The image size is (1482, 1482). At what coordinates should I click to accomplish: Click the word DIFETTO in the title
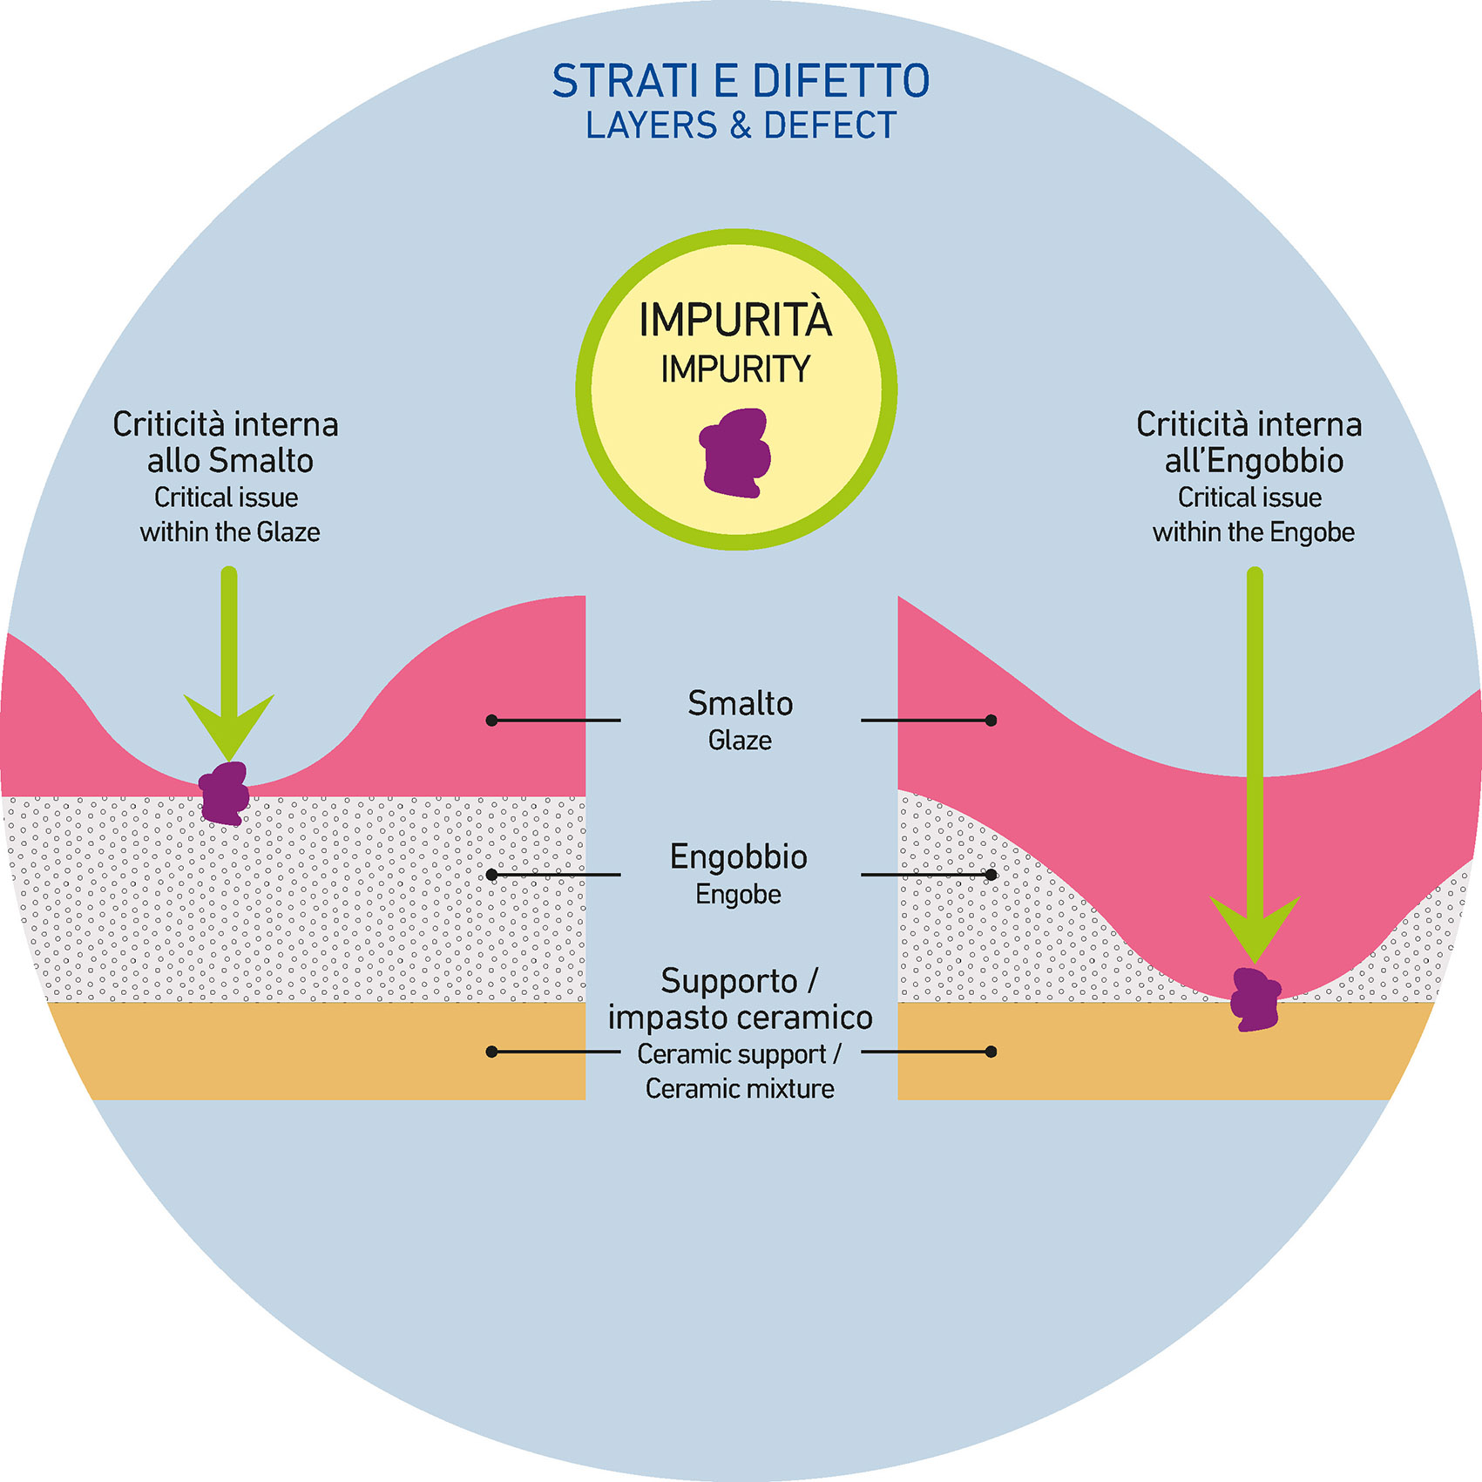840,81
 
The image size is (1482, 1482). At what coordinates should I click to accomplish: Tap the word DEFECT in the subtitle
829,125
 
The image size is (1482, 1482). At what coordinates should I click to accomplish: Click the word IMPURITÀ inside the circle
735,320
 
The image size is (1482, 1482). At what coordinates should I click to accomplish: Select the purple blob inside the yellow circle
735,453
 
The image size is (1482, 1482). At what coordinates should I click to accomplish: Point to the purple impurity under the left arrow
225,794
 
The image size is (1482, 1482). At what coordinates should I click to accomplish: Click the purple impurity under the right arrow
1255,999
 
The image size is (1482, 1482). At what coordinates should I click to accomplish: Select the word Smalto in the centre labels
740,703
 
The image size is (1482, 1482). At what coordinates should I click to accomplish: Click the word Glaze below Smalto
740,741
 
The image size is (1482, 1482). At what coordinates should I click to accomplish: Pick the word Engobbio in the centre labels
738,857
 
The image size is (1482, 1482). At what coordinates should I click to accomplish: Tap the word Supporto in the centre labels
728,981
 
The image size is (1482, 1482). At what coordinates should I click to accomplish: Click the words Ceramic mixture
740,1089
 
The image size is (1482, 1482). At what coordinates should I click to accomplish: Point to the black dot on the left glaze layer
491,721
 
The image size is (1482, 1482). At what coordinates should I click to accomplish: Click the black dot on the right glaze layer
991,721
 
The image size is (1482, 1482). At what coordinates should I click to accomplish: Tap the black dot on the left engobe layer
491,875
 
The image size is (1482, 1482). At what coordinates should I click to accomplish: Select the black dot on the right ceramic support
991,1052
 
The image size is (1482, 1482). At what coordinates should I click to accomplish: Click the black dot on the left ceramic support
491,1052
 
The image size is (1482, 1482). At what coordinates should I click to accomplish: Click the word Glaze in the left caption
288,532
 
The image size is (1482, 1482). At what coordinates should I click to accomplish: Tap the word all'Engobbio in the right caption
1254,461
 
